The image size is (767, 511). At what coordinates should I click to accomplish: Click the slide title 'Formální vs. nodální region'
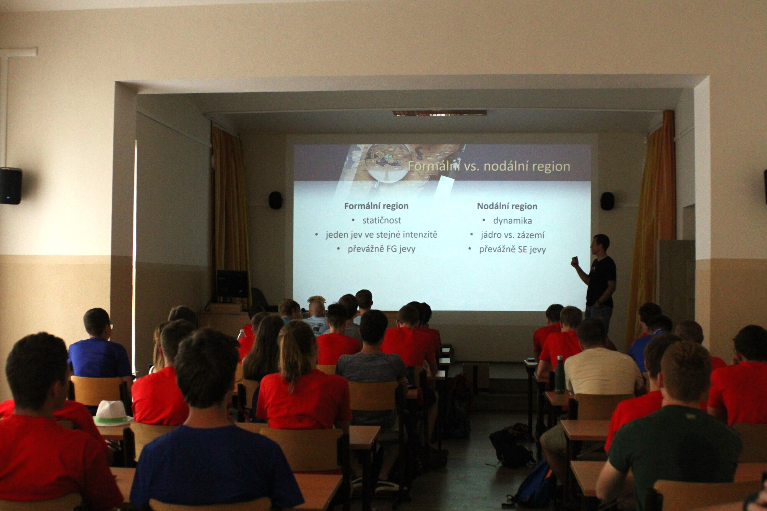pos(489,166)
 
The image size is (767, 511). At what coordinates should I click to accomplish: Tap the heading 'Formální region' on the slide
pos(376,206)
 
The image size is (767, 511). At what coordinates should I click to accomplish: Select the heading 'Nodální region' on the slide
pos(507,206)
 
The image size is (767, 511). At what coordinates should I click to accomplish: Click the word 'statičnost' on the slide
pos(382,220)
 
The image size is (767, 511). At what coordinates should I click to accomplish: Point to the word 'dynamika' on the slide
pos(512,221)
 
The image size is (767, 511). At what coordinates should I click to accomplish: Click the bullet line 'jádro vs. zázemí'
pos(512,235)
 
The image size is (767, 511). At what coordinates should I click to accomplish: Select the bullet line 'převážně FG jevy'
pos(382,249)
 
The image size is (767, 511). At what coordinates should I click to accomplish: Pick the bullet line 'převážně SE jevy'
pos(512,250)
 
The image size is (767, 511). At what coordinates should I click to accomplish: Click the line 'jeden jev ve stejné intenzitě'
pos(382,235)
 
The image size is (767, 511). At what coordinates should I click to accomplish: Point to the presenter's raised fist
pos(574,261)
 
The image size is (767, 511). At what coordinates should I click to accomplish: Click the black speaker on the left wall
pos(10,186)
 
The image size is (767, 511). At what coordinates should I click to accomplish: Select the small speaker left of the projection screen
pos(275,200)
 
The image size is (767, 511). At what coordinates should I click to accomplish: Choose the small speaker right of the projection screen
pos(607,201)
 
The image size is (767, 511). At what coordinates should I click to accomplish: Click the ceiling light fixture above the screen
pos(440,113)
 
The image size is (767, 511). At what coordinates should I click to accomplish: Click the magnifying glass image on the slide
pos(387,164)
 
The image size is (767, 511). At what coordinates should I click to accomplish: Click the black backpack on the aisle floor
pos(510,445)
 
